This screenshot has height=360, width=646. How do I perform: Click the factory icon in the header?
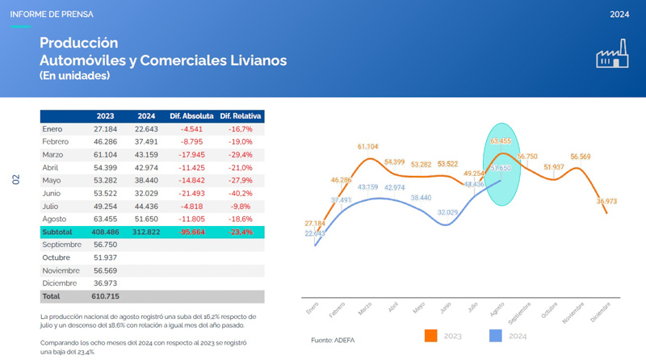tap(612, 54)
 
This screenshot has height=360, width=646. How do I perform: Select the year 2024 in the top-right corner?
tap(619, 15)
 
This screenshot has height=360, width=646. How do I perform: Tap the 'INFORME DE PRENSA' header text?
tap(52, 15)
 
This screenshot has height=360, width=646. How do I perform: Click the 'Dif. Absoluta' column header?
tap(191, 115)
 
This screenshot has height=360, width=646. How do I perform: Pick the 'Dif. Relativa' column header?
tap(241, 115)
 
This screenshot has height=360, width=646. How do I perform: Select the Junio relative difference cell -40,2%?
tap(241, 193)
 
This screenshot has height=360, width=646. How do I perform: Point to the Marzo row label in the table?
tap(54, 154)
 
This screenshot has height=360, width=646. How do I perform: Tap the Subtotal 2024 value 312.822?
tap(145, 232)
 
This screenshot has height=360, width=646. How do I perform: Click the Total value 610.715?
tap(107, 296)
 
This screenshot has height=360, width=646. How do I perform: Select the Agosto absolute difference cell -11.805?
tap(191, 219)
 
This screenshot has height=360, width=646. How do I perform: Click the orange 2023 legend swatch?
tap(430, 335)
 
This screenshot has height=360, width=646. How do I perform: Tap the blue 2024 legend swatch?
tap(496, 335)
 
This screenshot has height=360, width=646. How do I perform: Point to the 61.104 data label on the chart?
tap(367, 147)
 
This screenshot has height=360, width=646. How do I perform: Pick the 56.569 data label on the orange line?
tap(580, 157)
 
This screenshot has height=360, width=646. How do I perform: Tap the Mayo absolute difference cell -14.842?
tap(191, 180)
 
